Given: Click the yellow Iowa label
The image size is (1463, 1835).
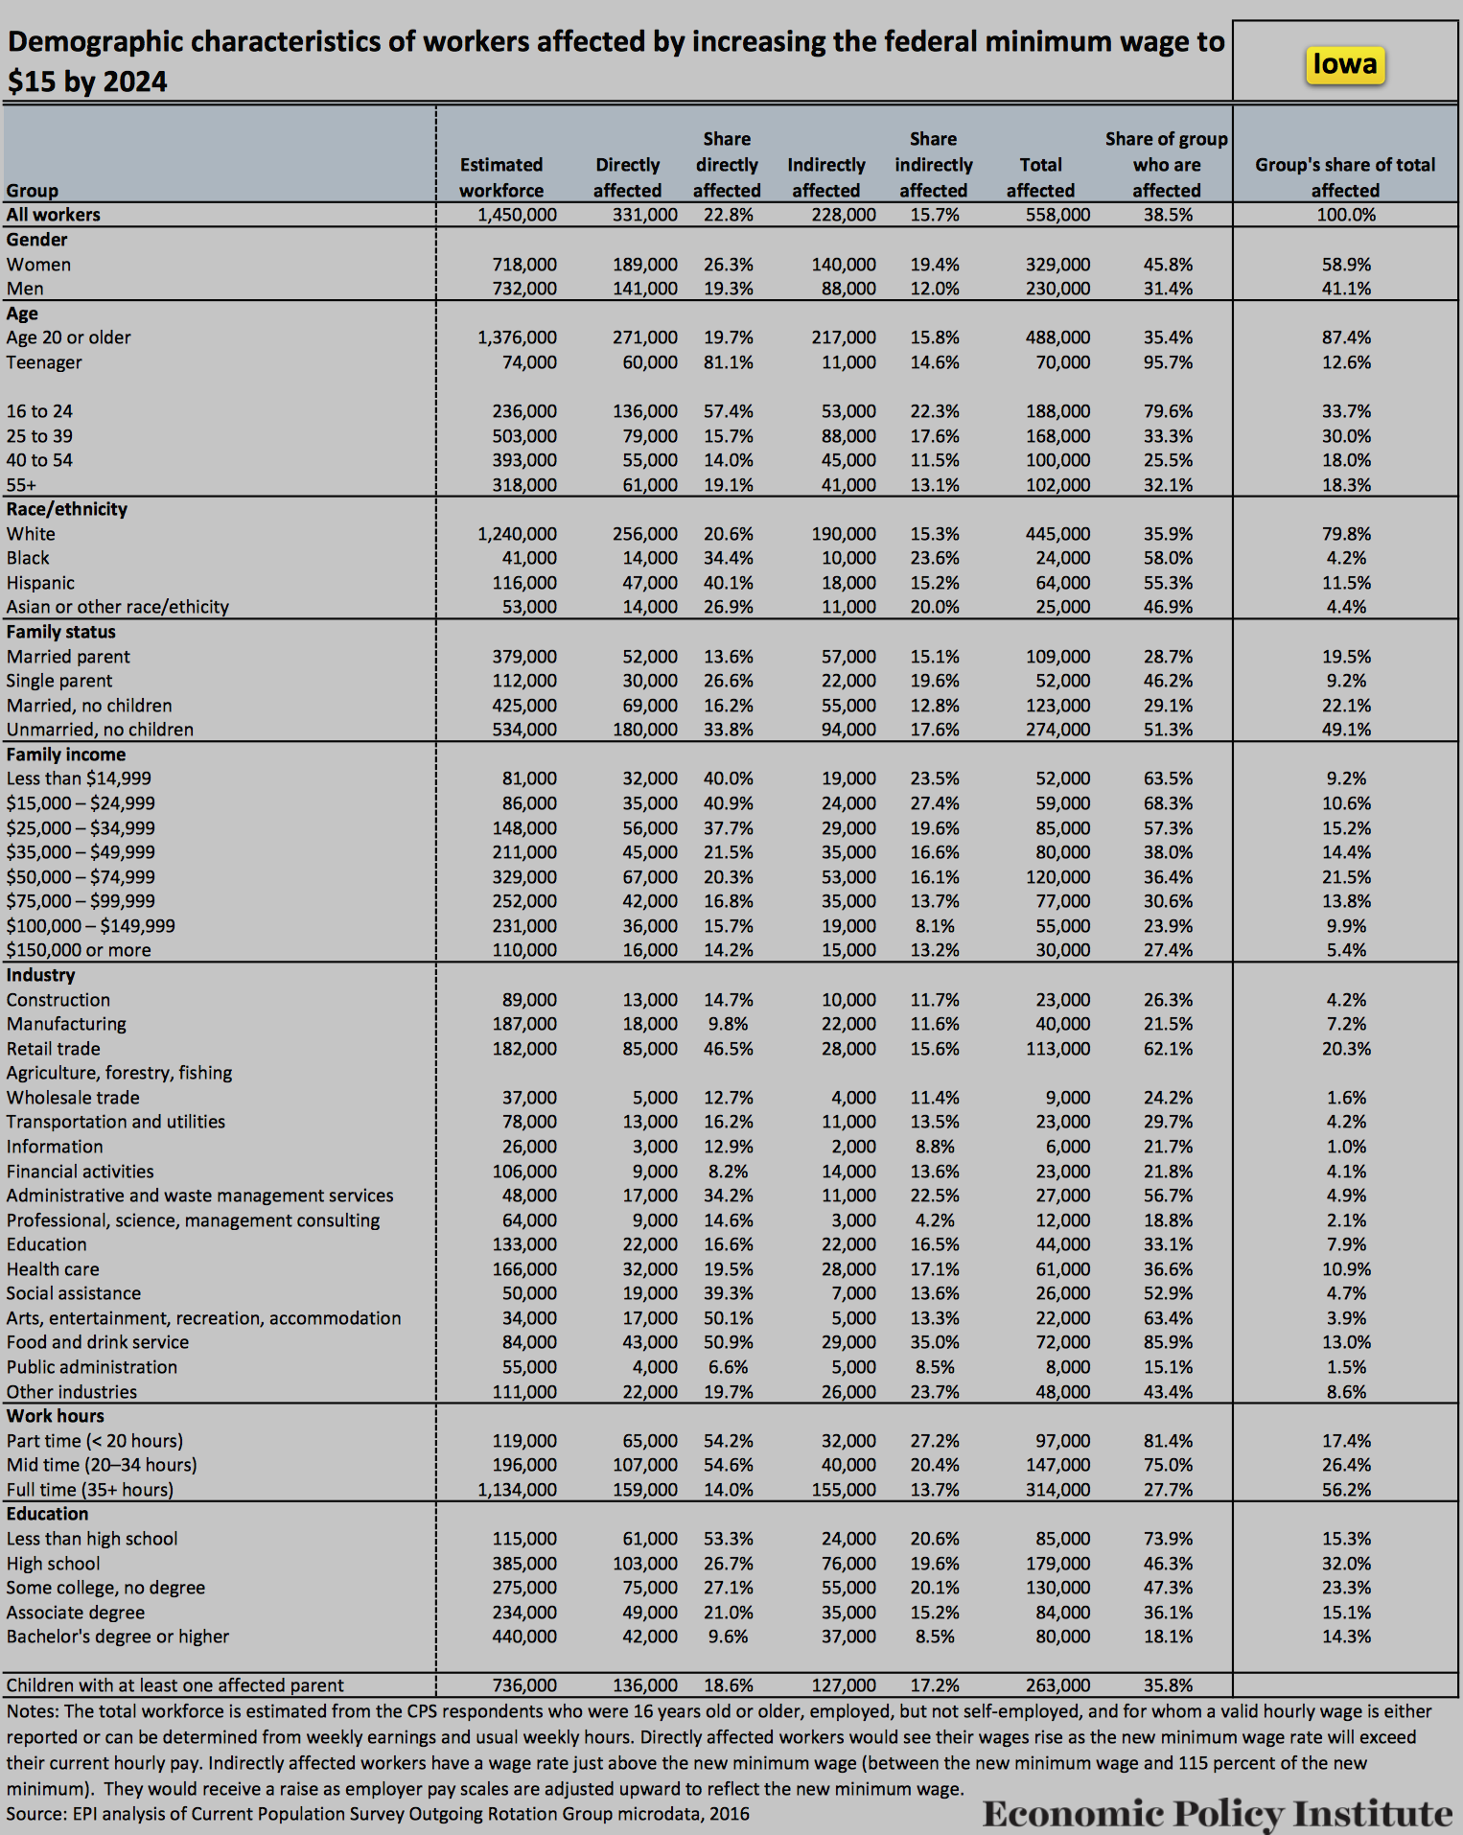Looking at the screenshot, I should coord(1344,64).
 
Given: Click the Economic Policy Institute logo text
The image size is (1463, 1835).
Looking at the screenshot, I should coord(1217,1813).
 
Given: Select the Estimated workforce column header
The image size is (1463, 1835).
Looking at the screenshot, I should coord(500,177).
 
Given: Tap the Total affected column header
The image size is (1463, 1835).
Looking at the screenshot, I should coord(1040,177).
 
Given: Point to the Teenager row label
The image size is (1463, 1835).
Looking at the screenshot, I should coord(44,362).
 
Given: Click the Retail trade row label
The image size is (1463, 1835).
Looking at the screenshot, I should coord(54,1049).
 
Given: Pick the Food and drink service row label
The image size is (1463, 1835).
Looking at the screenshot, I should coord(98,1342).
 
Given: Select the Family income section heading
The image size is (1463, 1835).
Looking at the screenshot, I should coord(66,755).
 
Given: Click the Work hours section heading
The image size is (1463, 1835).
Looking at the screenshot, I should coord(56,1416).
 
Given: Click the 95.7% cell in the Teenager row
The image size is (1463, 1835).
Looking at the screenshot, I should coord(1168,362).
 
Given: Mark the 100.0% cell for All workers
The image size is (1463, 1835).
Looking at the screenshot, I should coord(1345,215).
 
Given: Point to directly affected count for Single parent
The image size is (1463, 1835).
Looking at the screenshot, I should coord(649,681).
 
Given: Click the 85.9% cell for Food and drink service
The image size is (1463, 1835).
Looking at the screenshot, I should coord(1168,1342).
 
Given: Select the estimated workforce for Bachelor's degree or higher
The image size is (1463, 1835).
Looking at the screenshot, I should coord(523,1637).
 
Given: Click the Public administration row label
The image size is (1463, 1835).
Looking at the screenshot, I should coord(92,1367).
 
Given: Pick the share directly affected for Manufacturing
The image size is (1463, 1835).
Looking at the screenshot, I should coord(728,1024).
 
